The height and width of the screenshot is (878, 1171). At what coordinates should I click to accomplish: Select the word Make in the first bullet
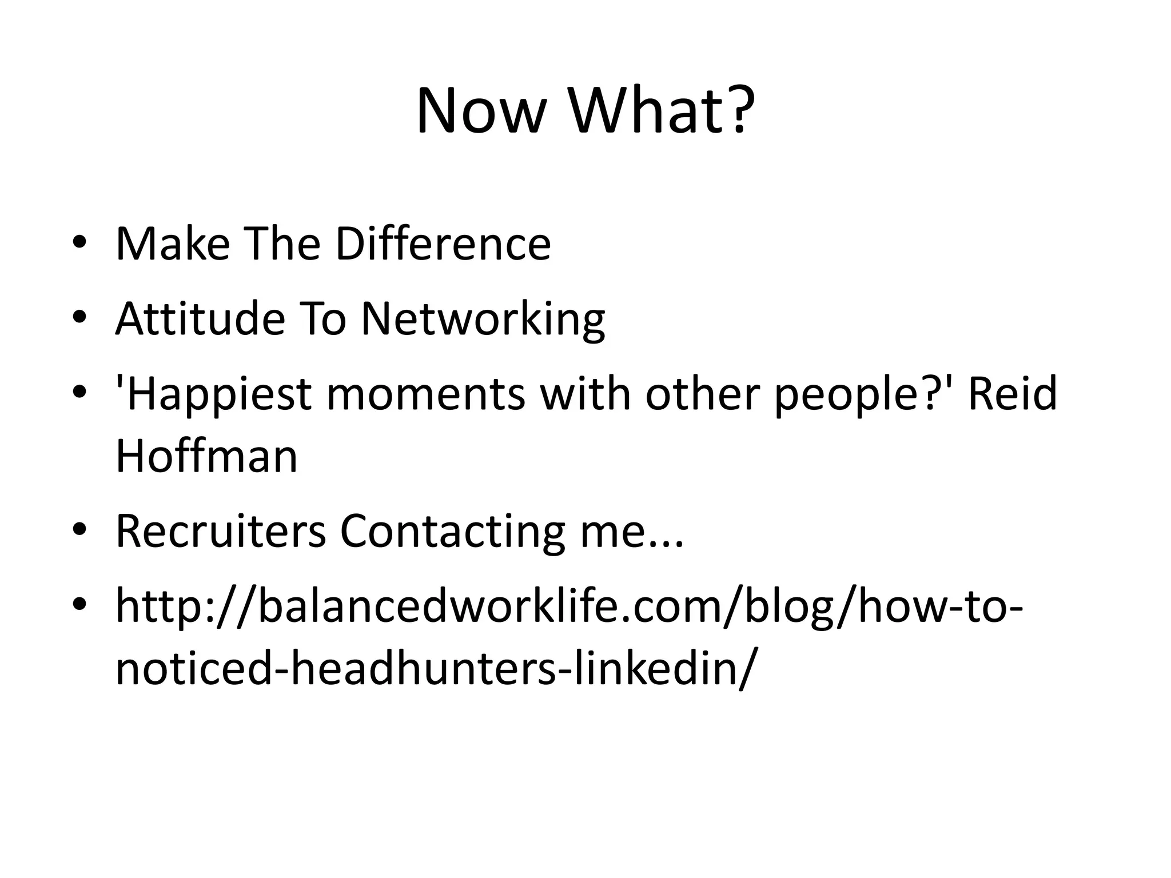172,244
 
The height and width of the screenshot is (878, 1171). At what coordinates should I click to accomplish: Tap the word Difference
443,244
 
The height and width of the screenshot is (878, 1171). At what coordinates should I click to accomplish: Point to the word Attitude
200,318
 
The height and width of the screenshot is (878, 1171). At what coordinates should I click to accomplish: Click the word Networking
483,320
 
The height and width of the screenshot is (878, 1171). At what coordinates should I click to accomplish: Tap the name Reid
1012,394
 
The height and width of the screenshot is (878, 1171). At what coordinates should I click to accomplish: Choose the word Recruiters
220,532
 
